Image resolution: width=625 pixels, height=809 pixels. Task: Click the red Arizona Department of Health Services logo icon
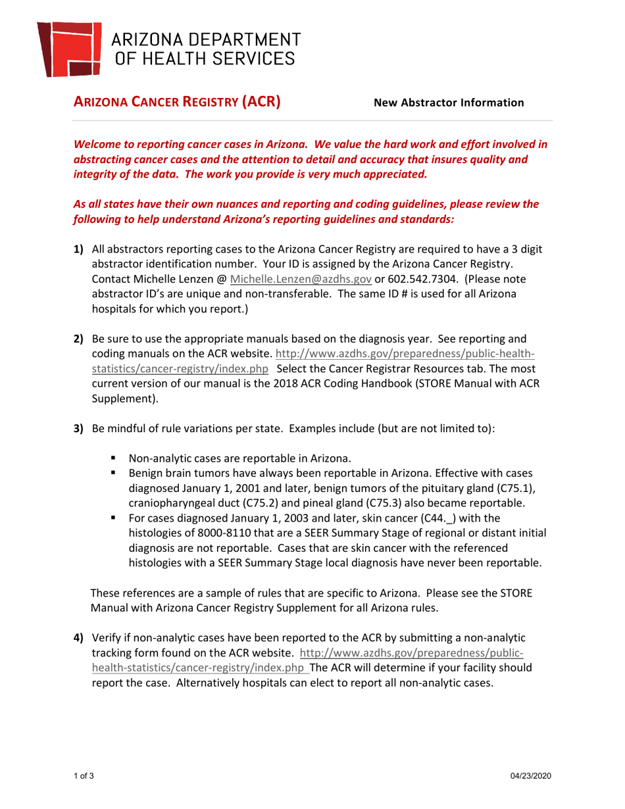70,48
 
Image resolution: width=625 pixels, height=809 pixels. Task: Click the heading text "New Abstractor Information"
449,103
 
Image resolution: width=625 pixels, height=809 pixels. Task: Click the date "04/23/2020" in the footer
531,777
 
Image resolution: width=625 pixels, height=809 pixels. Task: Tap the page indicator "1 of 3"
84,777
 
